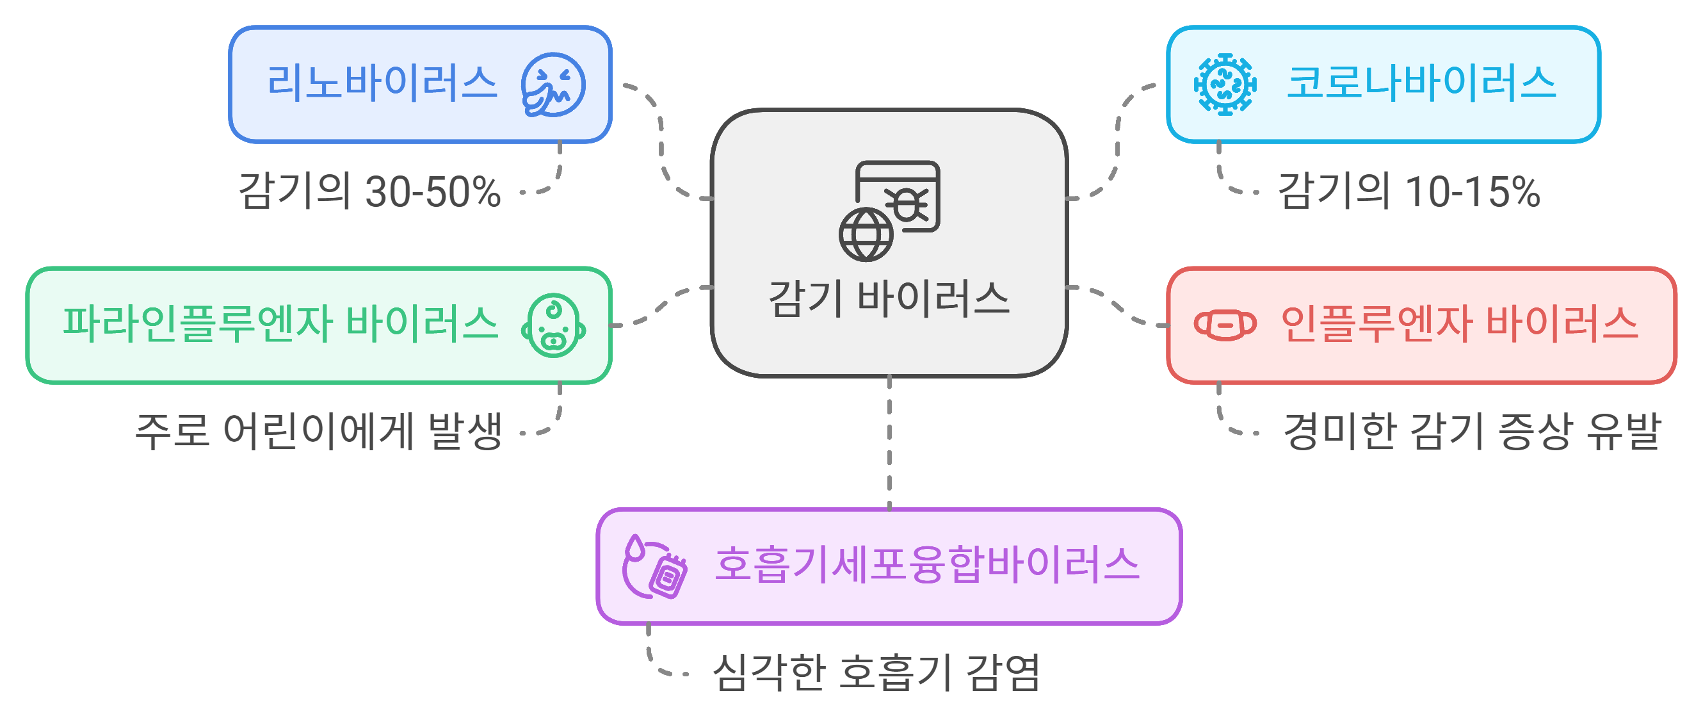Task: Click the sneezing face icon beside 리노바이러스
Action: [553, 85]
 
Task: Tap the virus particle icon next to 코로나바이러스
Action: [1225, 85]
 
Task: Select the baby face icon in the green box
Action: [553, 325]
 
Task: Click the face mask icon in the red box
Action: [1225, 325]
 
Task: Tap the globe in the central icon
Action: [866, 235]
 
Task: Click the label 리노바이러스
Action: [382, 84]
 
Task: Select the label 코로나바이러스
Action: [1421, 84]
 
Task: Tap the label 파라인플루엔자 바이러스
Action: [280, 325]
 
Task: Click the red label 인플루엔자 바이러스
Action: [1459, 325]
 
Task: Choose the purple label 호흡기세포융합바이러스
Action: [927, 566]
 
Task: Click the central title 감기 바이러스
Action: [889, 299]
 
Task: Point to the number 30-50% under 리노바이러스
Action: [432, 193]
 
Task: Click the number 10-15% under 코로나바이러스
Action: [1473, 193]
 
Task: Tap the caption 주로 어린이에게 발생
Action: [319, 432]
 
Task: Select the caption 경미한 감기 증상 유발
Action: [1472, 432]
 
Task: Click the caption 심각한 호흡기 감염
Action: [876, 672]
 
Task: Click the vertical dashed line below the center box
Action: [889, 443]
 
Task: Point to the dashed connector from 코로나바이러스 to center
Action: [1117, 142]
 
